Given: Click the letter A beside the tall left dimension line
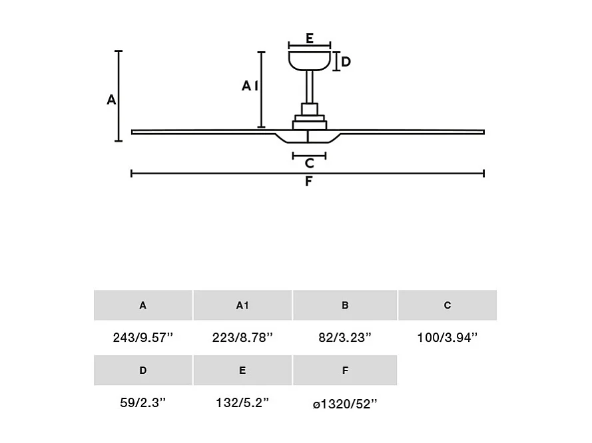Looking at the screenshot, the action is (x=111, y=100).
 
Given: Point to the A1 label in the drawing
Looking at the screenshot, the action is (x=250, y=86).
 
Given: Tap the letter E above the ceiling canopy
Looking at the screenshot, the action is (x=310, y=39).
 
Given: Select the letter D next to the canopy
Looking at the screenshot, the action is (x=346, y=61).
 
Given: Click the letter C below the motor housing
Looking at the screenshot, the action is (x=310, y=163).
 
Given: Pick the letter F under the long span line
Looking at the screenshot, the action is (x=309, y=182).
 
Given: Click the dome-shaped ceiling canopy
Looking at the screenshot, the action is (x=310, y=61).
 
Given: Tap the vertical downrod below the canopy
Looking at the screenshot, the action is (x=310, y=87).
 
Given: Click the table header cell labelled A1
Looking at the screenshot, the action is (x=242, y=305).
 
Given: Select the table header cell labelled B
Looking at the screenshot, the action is (x=345, y=305).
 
